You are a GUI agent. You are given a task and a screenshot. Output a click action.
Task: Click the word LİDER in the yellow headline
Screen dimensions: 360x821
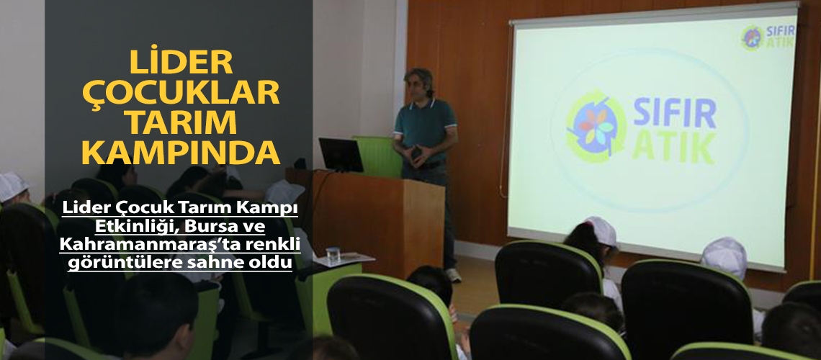[x=181, y=63]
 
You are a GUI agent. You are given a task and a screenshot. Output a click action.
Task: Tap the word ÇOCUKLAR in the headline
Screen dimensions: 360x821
[x=181, y=94]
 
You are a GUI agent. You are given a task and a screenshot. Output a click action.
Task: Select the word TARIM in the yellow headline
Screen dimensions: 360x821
[x=181, y=123]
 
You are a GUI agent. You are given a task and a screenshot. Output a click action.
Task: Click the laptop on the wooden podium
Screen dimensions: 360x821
[x=341, y=154]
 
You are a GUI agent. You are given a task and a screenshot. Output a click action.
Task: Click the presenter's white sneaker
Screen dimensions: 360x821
[x=452, y=275]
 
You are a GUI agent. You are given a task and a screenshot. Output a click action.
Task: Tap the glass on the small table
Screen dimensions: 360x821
[x=332, y=253]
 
